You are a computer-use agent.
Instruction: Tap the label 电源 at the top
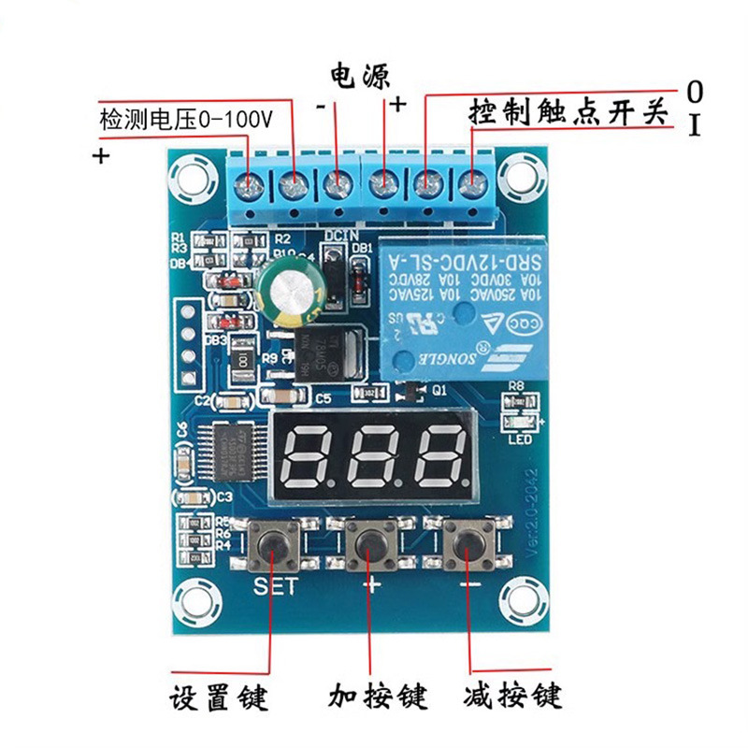pos(359,74)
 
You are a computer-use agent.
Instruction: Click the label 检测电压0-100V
pos(185,120)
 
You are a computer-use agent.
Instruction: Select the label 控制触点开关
pos(568,114)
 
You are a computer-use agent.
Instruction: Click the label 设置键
pos(219,698)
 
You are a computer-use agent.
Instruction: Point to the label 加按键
pos(378,698)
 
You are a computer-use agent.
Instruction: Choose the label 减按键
pos(511,698)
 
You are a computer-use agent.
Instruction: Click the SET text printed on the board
pos(275,586)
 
